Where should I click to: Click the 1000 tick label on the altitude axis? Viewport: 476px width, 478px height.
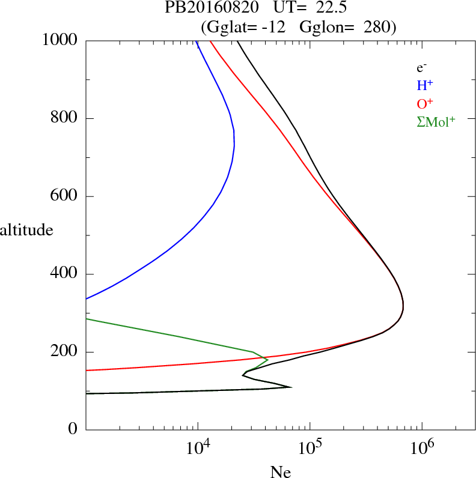(x=60, y=40)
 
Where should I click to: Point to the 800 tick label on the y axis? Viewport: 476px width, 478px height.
(x=64, y=118)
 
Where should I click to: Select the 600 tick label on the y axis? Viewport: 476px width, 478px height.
(x=64, y=196)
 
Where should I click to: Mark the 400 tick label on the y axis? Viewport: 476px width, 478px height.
(x=64, y=274)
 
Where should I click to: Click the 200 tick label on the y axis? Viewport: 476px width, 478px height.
(x=64, y=352)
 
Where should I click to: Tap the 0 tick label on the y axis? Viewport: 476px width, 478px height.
(x=73, y=430)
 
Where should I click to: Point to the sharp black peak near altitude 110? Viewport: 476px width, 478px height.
(x=291, y=387)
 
